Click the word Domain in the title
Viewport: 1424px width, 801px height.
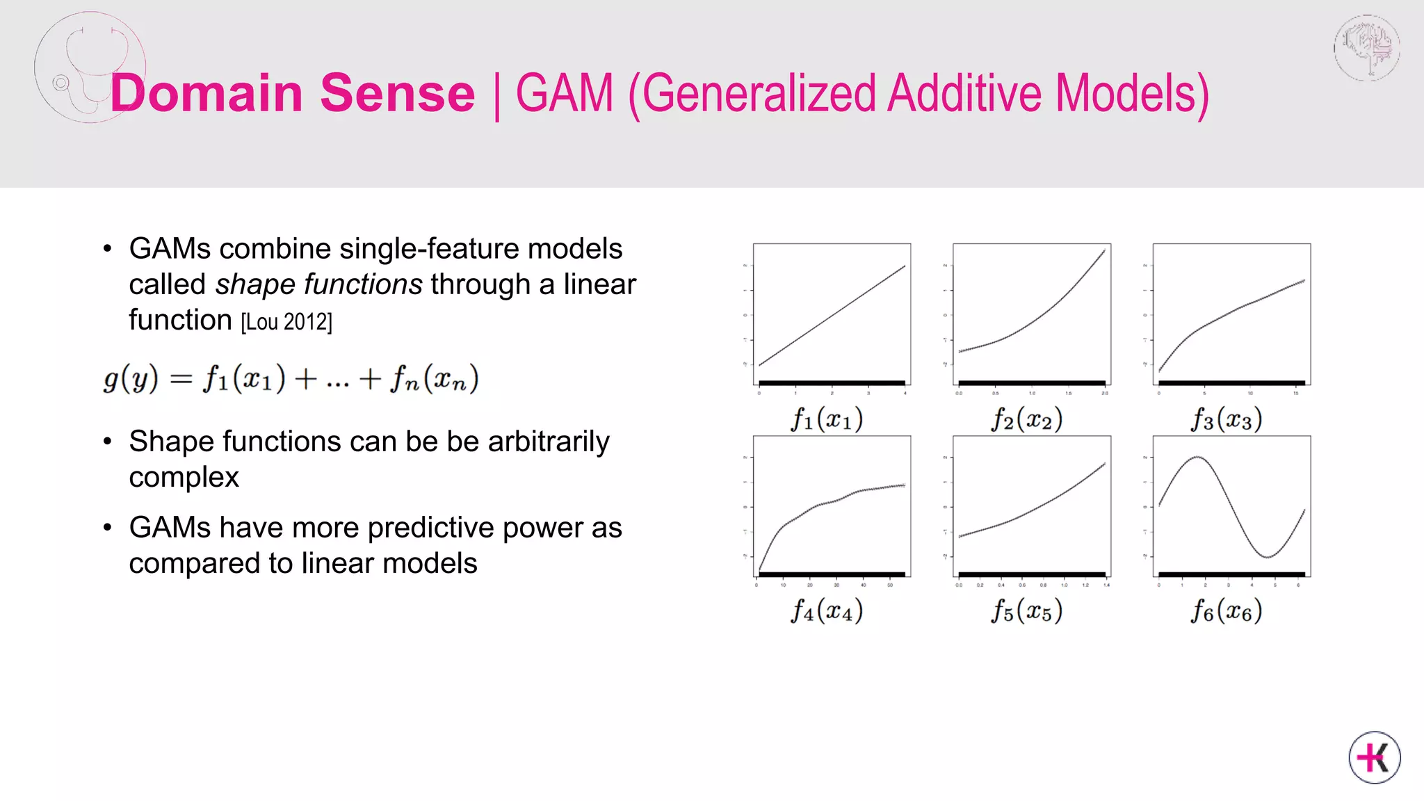(206, 93)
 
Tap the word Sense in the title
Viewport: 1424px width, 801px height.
(397, 93)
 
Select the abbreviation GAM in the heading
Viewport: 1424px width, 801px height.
(565, 93)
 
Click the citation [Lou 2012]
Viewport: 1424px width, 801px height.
(286, 322)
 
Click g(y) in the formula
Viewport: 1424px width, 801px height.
(131, 379)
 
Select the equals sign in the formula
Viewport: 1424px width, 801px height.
(180, 379)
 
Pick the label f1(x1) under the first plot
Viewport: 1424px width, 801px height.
(827, 419)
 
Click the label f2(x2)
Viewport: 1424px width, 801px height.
(1027, 419)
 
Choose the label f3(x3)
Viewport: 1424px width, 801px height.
(1227, 419)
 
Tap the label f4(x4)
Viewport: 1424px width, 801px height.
(827, 610)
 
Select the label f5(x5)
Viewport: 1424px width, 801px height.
(1027, 610)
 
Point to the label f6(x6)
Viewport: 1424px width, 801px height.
(1227, 610)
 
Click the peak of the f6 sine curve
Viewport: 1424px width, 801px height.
(1197, 457)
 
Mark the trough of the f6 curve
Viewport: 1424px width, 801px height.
(1268, 557)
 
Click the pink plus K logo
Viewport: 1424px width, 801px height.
(1375, 757)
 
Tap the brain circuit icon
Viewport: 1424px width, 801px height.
(1367, 48)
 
